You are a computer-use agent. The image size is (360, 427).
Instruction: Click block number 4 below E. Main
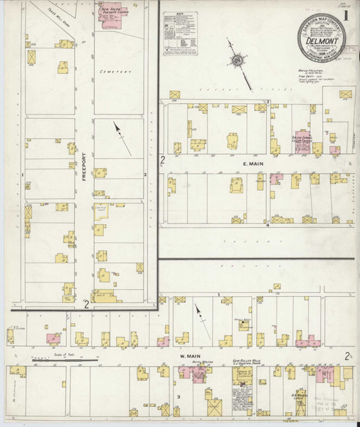click(x=268, y=226)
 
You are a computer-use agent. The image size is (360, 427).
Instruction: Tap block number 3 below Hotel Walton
click(x=179, y=396)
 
